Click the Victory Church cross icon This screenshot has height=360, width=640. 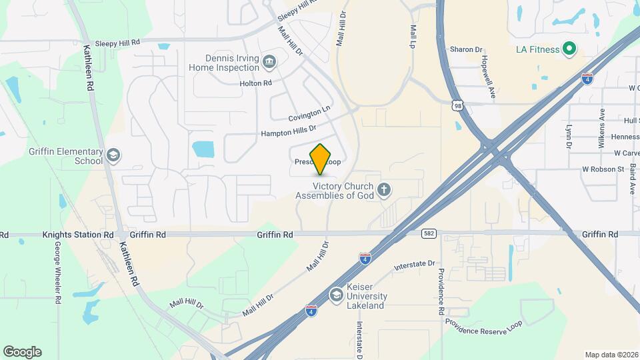(x=383, y=191)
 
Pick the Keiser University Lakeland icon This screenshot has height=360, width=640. (x=337, y=295)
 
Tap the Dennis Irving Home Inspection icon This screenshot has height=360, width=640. (x=269, y=63)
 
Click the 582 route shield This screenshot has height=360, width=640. (x=429, y=233)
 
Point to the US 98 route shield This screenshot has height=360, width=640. (x=457, y=105)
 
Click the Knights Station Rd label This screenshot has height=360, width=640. (x=78, y=235)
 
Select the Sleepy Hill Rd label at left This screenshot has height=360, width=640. (x=117, y=41)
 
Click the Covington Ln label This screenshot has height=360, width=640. (x=309, y=112)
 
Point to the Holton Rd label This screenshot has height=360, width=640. (x=256, y=83)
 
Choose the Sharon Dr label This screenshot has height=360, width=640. (x=465, y=49)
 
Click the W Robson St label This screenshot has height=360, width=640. (x=603, y=169)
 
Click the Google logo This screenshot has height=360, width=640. (x=22, y=352)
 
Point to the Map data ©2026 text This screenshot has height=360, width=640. (x=610, y=355)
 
